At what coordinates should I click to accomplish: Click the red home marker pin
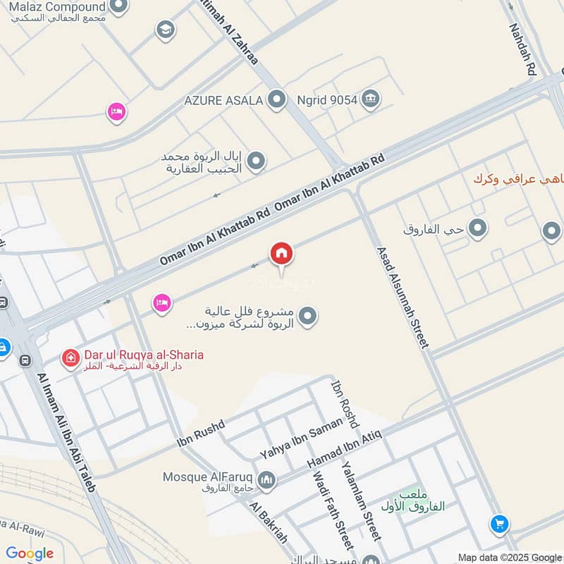coord(281,253)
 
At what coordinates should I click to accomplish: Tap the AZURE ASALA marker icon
coord(278,99)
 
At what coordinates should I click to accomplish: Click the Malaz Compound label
coord(57,7)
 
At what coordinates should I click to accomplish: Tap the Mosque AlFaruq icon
coord(266,481)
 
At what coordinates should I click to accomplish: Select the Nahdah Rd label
coord(524,49)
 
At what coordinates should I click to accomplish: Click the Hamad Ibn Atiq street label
coord(345,449)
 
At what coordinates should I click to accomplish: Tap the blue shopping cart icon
coord(500,525)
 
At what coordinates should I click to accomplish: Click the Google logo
coord(30,553)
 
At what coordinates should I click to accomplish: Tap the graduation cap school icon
coord(166,30)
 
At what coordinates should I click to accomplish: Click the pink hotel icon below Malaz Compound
coord(116,111)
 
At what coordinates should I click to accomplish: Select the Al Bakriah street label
coord(269,523)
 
